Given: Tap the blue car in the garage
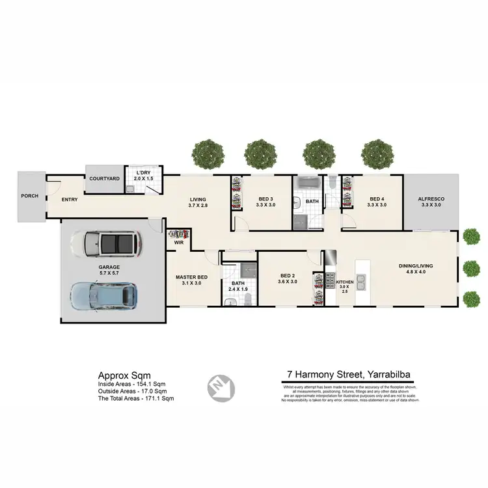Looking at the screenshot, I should [104, 295].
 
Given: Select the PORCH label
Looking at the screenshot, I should [30, 195].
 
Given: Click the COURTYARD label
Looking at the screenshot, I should [104, 178].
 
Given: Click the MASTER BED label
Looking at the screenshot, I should [191, 277].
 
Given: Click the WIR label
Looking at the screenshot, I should [178, 243].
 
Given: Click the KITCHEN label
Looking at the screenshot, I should [344, 282].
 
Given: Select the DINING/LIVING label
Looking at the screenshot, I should [416, 266].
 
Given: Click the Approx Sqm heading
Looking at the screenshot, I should [124, 375].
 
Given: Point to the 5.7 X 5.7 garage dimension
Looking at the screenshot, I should [109, 274].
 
